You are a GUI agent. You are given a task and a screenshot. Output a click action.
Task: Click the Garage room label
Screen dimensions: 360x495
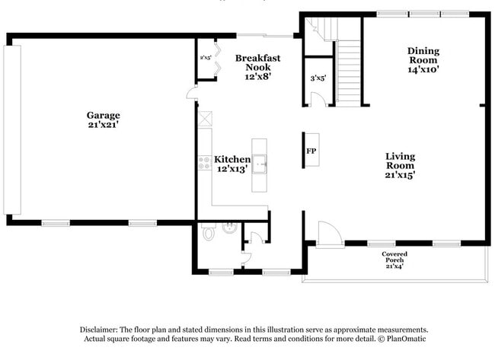[x=103, y=116]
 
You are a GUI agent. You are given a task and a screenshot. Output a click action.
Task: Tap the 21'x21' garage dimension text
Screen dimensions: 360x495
[x=103, y=126]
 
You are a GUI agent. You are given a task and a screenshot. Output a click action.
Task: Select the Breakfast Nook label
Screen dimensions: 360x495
[x=257, y=62]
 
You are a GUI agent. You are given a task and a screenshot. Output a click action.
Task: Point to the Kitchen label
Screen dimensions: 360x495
[x=232, y=159]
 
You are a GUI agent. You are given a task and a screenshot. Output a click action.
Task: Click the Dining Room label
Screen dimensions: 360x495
[x=423, y=56]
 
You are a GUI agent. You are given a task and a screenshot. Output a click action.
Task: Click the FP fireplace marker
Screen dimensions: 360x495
[x=311, y=151]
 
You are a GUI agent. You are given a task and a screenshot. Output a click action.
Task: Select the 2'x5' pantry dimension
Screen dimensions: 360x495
[x=205, y=57]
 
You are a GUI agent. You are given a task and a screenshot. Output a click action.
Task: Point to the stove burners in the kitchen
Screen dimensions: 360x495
[x=204, y=161]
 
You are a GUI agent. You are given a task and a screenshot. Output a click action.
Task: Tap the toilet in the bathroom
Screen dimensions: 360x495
[x=209, y=233]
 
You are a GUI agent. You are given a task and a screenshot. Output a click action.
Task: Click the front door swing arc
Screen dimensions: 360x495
[x=330, y=233]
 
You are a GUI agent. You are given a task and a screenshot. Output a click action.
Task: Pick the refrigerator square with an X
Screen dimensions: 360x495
[x=204, y=119]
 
